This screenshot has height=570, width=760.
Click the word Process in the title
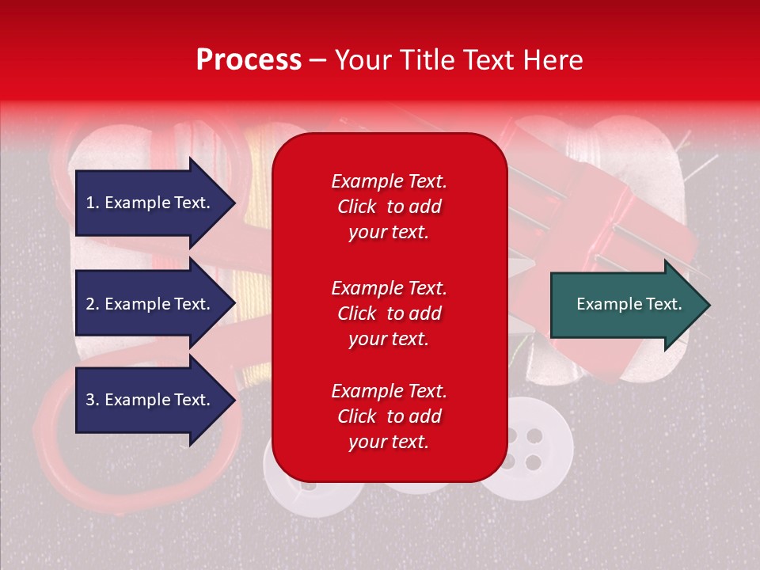(x=249, y=60)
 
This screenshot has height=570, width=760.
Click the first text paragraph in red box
(x=389, y=207)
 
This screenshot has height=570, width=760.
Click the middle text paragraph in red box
(x=389, y=313)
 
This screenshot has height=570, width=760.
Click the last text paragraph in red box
(x=389, y=416)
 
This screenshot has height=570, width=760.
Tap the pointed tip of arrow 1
(x=234, y=203)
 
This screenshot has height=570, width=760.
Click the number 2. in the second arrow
(x=93, y=304)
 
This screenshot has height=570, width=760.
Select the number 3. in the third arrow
(x=93, y=400)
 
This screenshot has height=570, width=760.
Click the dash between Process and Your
(x=317, y=60)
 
